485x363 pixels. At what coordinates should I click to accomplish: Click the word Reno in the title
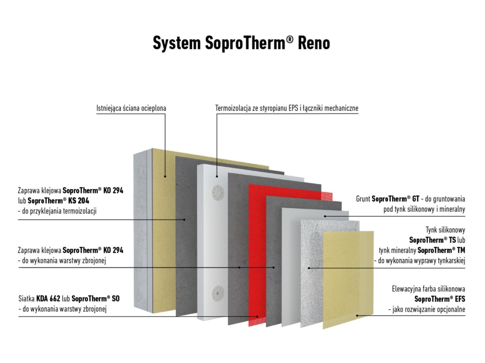pos(314,43)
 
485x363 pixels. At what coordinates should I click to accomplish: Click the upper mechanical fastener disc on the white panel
pos(218,192)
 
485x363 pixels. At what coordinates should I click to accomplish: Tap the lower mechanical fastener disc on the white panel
pos(218,293)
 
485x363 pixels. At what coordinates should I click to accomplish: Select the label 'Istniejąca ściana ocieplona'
pos(131,108)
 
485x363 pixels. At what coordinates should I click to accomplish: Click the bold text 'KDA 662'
pos(48,299)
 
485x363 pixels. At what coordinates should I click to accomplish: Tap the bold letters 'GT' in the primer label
pos(416,199)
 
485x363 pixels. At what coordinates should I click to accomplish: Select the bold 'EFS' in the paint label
pos(460,299)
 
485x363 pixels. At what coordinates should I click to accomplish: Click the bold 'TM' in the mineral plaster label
pos(461,250)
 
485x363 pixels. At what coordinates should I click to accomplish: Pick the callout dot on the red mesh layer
pos(257,316)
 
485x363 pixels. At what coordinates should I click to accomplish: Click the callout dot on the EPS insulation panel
pos(217,176)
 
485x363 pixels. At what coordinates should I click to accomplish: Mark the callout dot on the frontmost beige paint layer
pos(357,315)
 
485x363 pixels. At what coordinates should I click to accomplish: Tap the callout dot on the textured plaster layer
pos(309,268)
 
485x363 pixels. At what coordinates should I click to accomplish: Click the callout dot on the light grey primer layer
pos(325,216)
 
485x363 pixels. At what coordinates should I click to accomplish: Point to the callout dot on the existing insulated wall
pos(165,176)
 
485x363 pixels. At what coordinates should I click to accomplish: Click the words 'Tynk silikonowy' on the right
pos(445,230)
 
